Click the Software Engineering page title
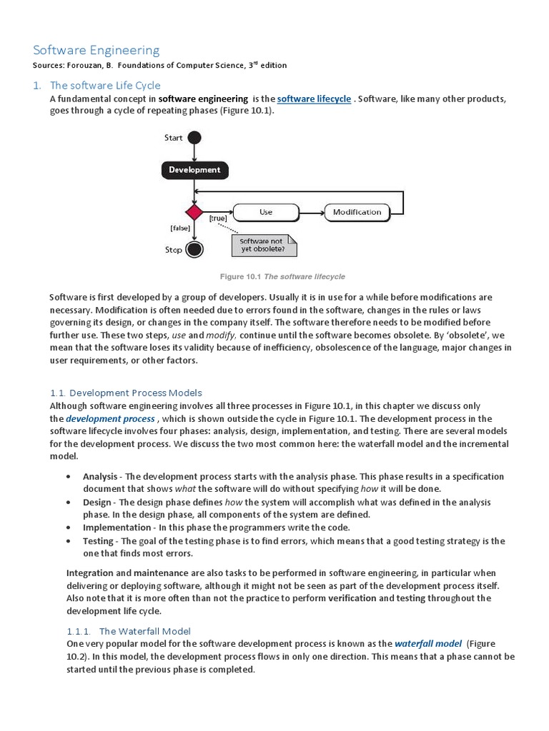click(x=97, y=50)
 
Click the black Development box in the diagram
click(x=194, y=170)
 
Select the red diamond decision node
click(x=194, y=212)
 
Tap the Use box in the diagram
click(x=266, y=212)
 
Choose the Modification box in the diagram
click(x=357, y=212)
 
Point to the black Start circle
click(x=194, y=138)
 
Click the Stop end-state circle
click(x=194, y=250)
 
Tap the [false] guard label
click(x=179, y=228)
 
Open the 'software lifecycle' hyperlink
click(x=314, y=99)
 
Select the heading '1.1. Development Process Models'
click(x=126, y=393)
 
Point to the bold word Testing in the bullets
click(x=98, y=541)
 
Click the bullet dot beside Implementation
click(x=68, y=528)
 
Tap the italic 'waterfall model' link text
click(x=427, y=644)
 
